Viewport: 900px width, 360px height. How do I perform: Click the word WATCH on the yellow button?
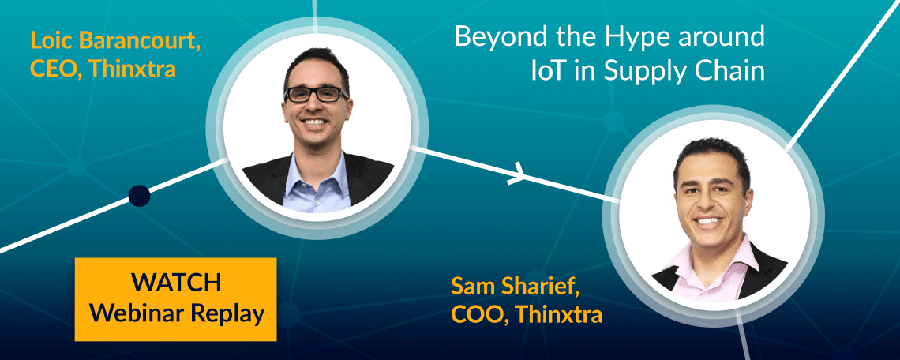pyautogui.click(x=175, y=283)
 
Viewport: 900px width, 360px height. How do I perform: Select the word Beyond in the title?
pyautogui.click(x=499, y=37)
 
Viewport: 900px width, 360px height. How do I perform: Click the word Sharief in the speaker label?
pyautogui.click(x=541, y=286)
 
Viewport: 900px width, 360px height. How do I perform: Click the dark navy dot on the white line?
pyautogui.click(x=140, y=196)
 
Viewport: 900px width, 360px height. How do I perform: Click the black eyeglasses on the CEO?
pyautogui.click(x=317, y=95)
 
